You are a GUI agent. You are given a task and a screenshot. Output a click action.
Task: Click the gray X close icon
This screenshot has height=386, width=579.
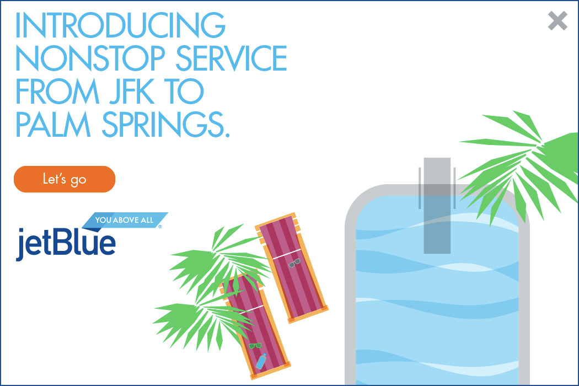click(x=557, y=20)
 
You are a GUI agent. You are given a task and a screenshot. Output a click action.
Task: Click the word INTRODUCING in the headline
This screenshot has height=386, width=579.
click(x=120, y=25)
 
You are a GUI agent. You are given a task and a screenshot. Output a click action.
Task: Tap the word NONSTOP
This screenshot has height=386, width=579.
click(x=90, y=58)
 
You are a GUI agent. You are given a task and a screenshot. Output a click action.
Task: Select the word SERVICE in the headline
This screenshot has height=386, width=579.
click(x=231, y=58)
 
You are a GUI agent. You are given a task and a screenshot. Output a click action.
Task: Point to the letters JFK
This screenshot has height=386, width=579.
click(x=131, y=91)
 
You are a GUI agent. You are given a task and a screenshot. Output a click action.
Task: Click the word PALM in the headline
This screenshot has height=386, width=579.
click(x=53, y=124)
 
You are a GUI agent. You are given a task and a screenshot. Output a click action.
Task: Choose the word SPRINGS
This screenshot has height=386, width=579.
click(x=162, y=124)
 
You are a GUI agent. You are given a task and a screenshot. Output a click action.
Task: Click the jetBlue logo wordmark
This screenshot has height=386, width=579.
click(x=66, y=243)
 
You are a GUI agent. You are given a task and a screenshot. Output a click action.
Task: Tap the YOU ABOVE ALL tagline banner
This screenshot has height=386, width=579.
click(x=125, y=220)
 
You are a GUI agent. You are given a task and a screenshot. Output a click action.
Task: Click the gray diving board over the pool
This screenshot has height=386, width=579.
click(x=437, y=205)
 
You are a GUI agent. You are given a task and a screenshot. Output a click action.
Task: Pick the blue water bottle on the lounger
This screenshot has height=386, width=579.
click(x=261, y=361)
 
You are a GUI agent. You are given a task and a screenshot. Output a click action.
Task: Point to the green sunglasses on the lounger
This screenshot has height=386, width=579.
click(x=255, y=346)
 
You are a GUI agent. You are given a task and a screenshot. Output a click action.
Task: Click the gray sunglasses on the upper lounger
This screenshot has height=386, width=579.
click(x=294, y=263)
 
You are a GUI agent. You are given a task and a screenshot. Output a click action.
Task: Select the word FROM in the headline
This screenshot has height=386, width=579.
click(x=57, y=91)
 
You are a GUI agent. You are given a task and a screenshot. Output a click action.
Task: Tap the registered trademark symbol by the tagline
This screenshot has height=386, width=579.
click(x=160, y=227)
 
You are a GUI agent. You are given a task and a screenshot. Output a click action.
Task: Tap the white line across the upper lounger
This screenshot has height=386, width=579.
click(x=287, y=254)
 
